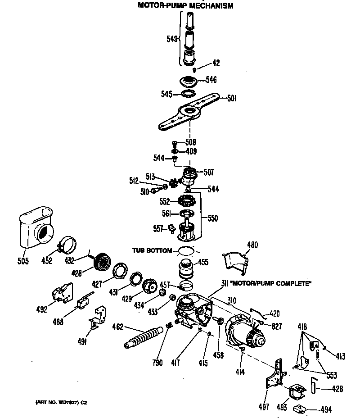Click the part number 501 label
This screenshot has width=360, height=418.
(232, 99)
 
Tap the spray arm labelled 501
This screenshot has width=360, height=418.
(189, 112)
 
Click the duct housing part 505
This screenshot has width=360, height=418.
(36, 229)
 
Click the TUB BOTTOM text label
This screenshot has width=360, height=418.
(152, 250)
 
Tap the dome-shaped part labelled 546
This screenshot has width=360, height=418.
(189, 82)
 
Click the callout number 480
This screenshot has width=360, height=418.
(253, 245)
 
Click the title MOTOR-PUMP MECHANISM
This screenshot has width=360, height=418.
(185, 6)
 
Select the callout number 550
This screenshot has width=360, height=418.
(213, 218)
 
